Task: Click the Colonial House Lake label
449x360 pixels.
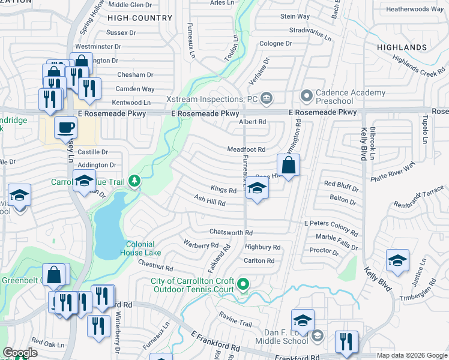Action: pos(140,248)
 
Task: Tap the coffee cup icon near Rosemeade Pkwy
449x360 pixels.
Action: pos(65,128)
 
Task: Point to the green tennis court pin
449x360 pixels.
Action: pos(243,284)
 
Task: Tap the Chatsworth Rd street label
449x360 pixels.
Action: pos(231,232)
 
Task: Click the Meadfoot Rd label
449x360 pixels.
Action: pos(246,149)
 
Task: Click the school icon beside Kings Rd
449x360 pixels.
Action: pos(257,190)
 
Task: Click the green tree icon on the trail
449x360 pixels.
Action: pos(136,180)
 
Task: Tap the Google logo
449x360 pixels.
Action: pos(20,353)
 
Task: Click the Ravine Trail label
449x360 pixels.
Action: pos(235,323)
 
